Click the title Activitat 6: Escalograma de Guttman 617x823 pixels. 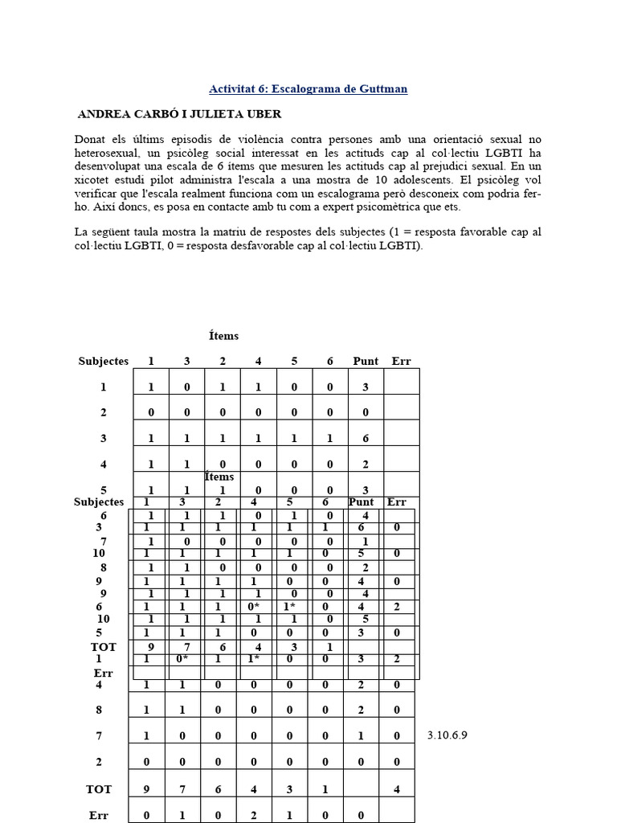point(308,88)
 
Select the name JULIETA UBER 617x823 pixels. point(241,114)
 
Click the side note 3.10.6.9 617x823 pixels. point(448,735)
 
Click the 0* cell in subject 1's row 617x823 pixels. point(182,660)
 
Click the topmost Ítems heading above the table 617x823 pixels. point(223,336)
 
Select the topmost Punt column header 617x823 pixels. point(366,361)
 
